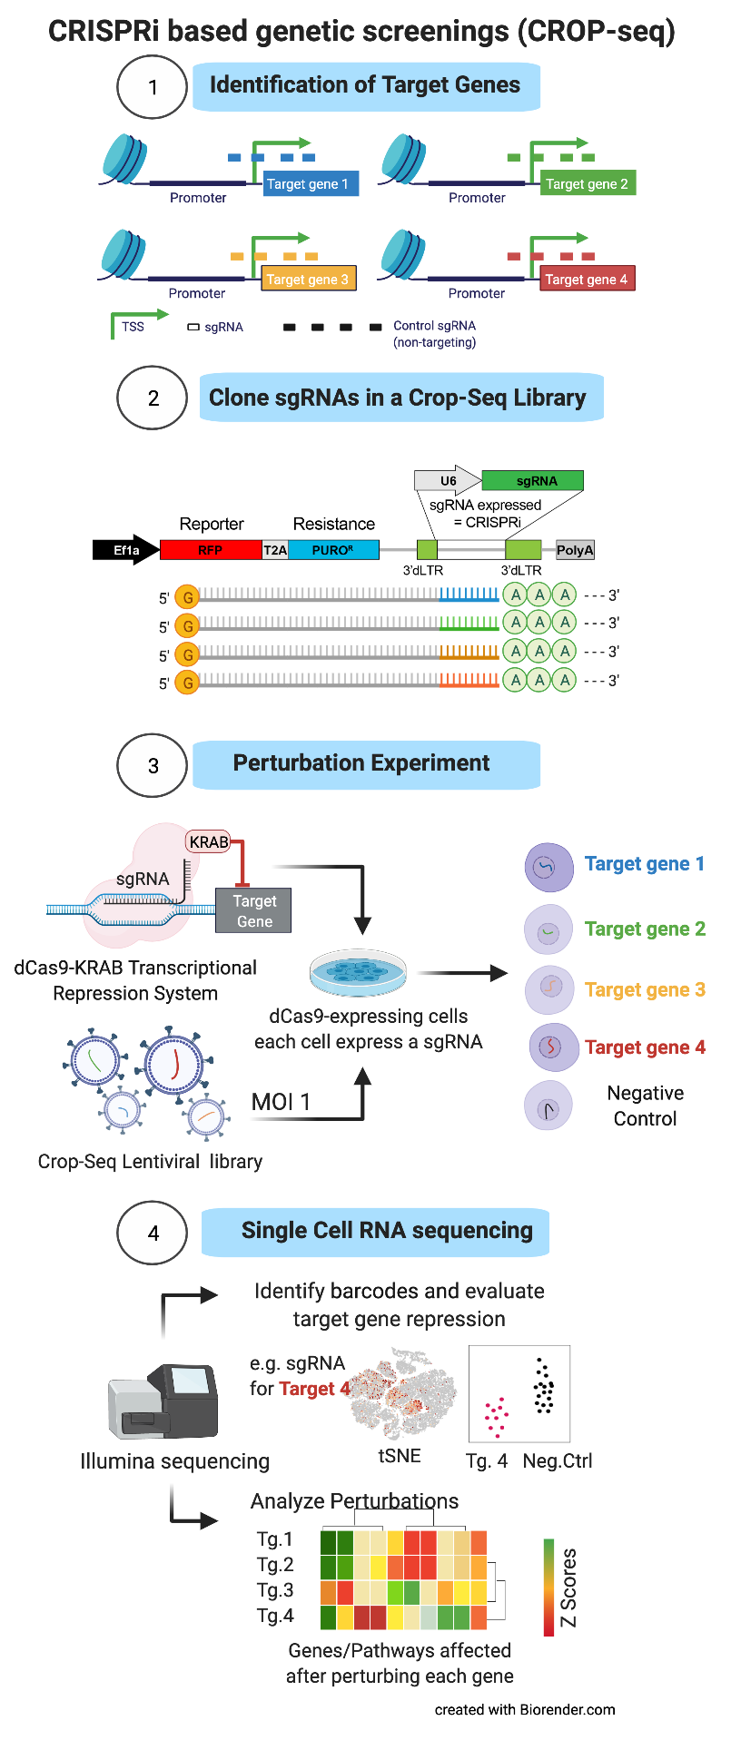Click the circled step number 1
[x=152, y=87]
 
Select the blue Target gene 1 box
[x=308, y=184]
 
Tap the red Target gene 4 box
[x=587, y=280]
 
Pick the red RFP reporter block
[x=211, y=550]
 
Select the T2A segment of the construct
[x=275, y=550]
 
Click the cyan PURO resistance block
[x=332, y=550]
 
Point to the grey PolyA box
[x=575, y=550]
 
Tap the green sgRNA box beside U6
[x=532, y=481]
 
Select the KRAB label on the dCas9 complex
[x=209, y=842]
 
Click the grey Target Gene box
[x=253, y=910]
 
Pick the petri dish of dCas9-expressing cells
[x=358, y=973]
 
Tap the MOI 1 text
[x=281, y=1102]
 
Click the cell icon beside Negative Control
[x=548, y=1106]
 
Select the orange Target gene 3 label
[x=645, y=990]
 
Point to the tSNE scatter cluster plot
[x=404, y=1394]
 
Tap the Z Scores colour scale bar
[x=548, y=1588]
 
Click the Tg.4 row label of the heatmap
[x=275, y=1616]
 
